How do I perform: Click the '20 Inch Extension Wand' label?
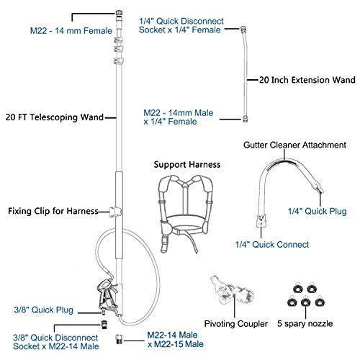tap(303, 81)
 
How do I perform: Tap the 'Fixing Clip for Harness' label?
tap(53, 212)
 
